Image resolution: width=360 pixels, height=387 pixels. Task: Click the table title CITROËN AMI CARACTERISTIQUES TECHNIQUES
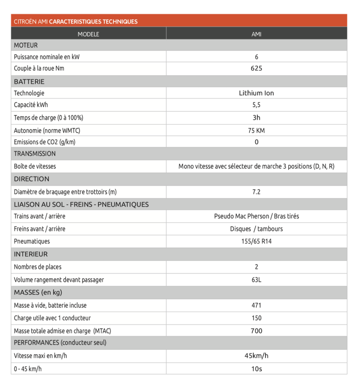tap(76, 22)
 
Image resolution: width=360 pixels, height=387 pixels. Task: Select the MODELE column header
tap(88, 34)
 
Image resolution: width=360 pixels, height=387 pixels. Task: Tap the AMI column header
tap(256, 34)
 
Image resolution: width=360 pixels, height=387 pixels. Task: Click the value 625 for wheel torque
tap(256, 68)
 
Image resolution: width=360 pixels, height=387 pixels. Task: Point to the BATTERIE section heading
tap(29, 81)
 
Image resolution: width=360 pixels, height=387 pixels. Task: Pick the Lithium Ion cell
tap(256, 93)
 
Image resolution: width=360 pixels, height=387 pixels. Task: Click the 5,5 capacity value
tap(256, 105)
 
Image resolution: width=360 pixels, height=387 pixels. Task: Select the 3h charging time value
tap(256, 118)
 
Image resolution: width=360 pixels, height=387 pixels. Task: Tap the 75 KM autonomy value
tap(256, 130)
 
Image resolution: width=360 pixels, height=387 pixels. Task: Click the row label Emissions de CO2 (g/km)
tap(47, 142)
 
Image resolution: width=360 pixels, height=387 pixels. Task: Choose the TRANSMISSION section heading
tap(35, 153)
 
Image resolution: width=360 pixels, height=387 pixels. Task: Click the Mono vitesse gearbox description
tap(256, 166)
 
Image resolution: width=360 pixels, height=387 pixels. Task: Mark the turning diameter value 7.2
tap(256, 192)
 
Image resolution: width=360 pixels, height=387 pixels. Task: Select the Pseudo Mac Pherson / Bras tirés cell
tap(256, 217)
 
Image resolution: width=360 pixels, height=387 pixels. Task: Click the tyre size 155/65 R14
tap(256, 241)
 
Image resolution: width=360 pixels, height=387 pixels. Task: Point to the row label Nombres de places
tap(37, 267)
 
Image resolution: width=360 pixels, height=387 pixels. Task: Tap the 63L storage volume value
tap(256, 280)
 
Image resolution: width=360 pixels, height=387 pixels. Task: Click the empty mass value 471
tap(256, 305)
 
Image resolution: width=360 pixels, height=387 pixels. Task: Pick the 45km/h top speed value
tap(256, 356)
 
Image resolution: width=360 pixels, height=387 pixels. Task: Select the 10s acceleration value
tap(256, 368)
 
